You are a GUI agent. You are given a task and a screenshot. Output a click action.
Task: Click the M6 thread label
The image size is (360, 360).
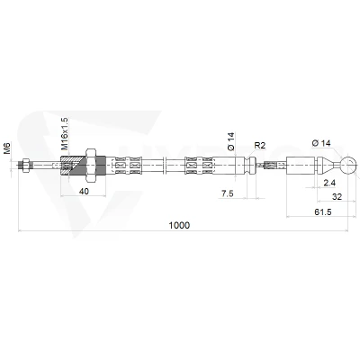point(7,148)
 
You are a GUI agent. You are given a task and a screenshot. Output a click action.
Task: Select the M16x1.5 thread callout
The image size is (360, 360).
point(65,134)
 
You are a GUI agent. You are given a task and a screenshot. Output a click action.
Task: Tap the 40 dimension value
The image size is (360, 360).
point(84,191)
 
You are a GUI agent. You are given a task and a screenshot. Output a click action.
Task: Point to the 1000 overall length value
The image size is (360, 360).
point(179,225)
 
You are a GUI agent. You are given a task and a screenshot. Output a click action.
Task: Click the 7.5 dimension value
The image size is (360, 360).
point(228,193)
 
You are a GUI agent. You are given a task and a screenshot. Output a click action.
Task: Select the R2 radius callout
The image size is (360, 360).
point(260,146)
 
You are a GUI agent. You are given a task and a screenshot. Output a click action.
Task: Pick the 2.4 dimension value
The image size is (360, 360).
point(329,183)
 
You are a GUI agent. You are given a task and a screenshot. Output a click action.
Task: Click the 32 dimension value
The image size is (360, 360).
point(337,197)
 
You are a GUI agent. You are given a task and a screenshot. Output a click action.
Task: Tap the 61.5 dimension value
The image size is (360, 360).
point(323,212)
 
